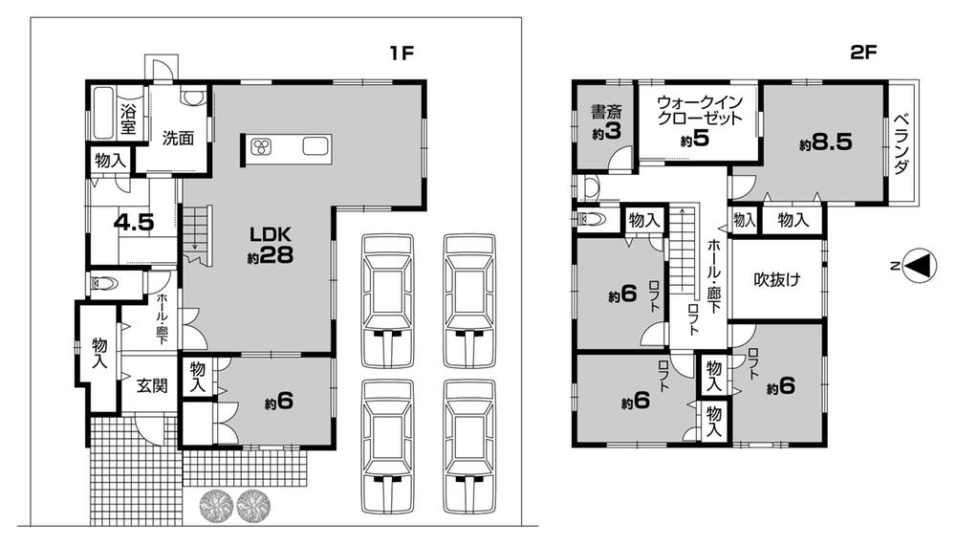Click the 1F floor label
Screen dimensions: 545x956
click(x=401, y=54)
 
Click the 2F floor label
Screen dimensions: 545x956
click(x=863, y=54)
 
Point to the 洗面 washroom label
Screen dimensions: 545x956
click(x=178, y=138)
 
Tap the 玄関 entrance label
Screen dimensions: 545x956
click(x=146, y=386)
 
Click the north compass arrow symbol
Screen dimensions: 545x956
click(x=917, y=267)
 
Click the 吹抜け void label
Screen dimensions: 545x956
click(x=775, y=280)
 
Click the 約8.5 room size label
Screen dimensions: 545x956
click(x=826, y=144)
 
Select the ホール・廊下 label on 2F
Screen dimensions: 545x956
click(x=714, y=278)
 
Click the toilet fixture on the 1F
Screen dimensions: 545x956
click(x=104, y=284)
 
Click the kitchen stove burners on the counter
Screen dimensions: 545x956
click(x=261, y=146)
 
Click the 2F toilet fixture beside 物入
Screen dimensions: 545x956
click(x=592, y=220)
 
